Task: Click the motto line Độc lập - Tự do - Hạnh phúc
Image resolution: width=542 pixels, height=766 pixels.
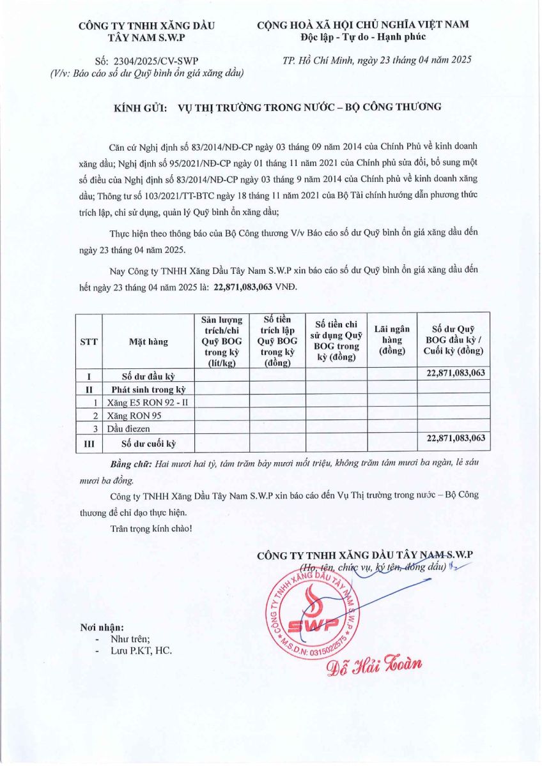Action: tap(363, 36)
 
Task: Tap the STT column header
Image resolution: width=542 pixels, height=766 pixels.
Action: tap(89, 342)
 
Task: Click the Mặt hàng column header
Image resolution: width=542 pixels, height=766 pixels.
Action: tap(148, 342)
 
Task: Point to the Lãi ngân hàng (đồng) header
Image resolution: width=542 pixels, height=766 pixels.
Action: tap(392, 342)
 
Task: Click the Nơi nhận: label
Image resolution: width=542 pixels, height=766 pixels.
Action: tap(102, 627)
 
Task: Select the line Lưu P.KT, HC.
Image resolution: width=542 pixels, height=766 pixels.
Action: tap(141, 650)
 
